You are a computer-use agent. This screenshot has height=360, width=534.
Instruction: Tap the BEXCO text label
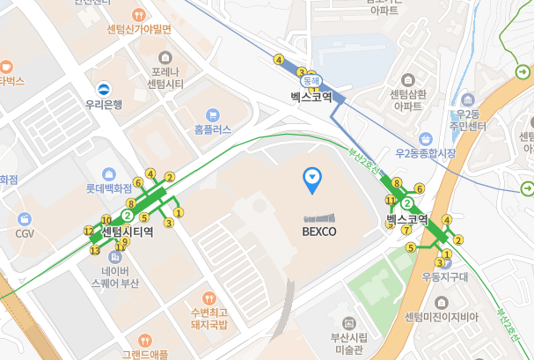coord(318,231)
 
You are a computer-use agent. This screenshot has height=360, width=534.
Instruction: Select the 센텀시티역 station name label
coord(128,232)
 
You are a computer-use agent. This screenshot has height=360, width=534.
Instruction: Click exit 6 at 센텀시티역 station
coord(138,184)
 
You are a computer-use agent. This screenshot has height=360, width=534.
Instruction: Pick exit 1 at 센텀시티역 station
coord(179,211)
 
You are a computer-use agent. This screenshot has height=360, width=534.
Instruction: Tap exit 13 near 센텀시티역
coord(95,250)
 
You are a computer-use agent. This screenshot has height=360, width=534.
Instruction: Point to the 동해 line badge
coord(318,80)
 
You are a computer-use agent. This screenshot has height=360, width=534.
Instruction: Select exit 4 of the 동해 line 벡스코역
coord(279,60)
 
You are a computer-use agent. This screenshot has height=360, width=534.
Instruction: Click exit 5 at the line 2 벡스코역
coord(410,247)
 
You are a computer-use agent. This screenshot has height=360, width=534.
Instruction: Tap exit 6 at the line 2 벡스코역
coord(420,188)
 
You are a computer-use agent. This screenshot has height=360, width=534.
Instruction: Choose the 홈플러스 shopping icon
coord(212,114)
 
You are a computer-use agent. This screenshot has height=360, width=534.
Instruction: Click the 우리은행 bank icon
coord(104,88)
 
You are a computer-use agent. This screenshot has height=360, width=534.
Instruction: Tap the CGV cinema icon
coord(25,218)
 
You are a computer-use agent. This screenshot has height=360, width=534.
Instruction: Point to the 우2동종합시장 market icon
coord(426,138)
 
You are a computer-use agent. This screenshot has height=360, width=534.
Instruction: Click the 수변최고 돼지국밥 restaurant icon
coord(208,298)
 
